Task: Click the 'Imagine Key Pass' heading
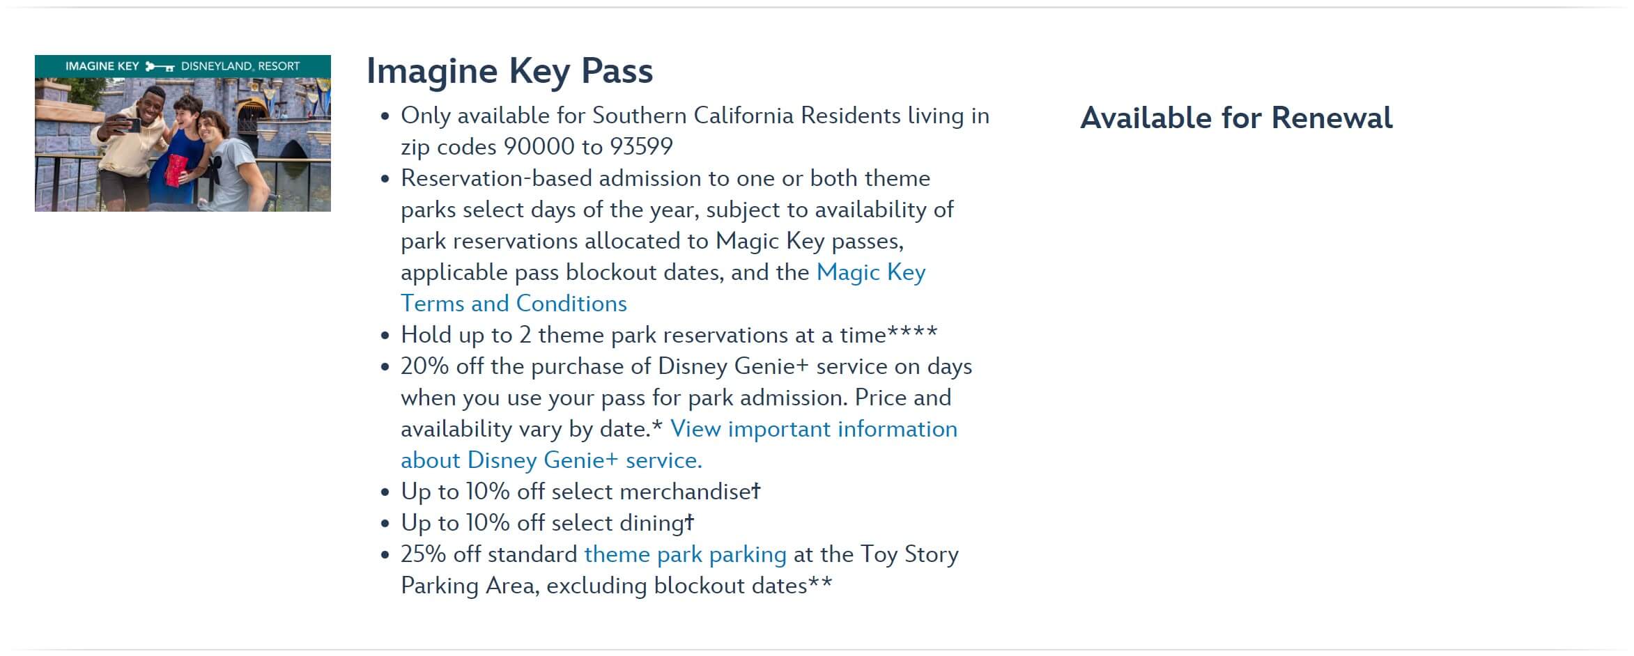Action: pyautogui.click(x=509, y=72)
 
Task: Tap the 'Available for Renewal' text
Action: pyautogui.click(x=1236, y=118)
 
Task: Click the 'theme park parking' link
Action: pyautogui.click(x=685, y=554)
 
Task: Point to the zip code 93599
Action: pyautogui.click(x=641, y=147)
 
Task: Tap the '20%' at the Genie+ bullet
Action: pyautogui.click(x=424, y=366)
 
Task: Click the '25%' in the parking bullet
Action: pyautogui.click(x=423, y=554)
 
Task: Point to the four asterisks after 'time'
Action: pyautogui.click(x=912, y=331)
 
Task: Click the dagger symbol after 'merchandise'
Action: pyautogui.click(x=756, y=490)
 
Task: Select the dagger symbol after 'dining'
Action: pyautogui.click(x=689, y=522)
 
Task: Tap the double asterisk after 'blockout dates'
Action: pyautogui.click(x=820, y=581)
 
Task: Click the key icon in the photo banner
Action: pyautogui.click(x=160, y=67)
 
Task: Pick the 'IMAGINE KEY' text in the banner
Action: pyautogui.click(x=102, y=66)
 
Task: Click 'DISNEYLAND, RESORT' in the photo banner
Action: pyautogui.click(x=240, y=66)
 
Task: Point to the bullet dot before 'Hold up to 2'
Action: pyautogui.click(x=385, y=336)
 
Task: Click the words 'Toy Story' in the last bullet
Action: pyautogui.click(x=909, y=555)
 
